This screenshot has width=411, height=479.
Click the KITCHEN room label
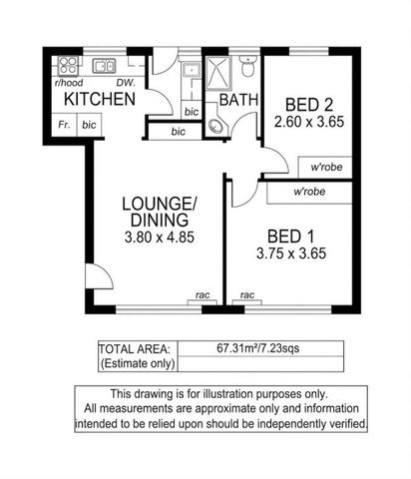point(99,100)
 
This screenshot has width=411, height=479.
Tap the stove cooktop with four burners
point(68,67)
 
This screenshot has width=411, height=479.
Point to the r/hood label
point(68,83)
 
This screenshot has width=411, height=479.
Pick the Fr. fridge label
point(64,125)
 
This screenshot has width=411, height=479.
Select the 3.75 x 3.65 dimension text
point(290,253)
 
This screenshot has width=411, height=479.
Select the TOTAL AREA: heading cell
point(134,349)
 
